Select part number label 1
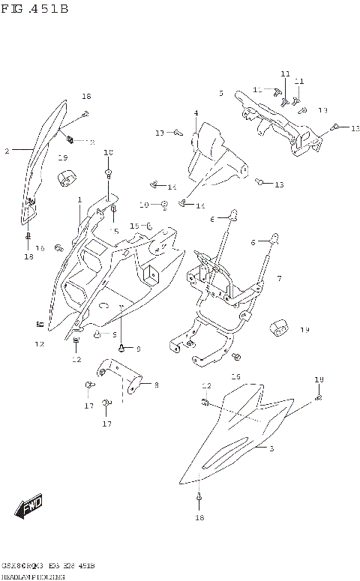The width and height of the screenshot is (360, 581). click(x=79, y=200)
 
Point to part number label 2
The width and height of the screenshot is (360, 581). click(x=7, y=151)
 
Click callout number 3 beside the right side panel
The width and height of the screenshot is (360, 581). click(x=271, y=448)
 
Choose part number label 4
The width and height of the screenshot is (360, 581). click(x=196, y=114)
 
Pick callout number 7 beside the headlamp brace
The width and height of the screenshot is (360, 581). click(x=278, y=279)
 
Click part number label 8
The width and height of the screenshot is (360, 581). click(x=156, y=385)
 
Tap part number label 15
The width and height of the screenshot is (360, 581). click(x=133, y=226)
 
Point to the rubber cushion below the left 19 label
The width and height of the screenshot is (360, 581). click(x=67, y=178)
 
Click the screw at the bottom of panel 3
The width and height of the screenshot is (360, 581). click(x=199, y=496)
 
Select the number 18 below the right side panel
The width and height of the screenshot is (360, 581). click(x=199, y=517)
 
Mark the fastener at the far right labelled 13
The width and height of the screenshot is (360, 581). click(x=336, y=127)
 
